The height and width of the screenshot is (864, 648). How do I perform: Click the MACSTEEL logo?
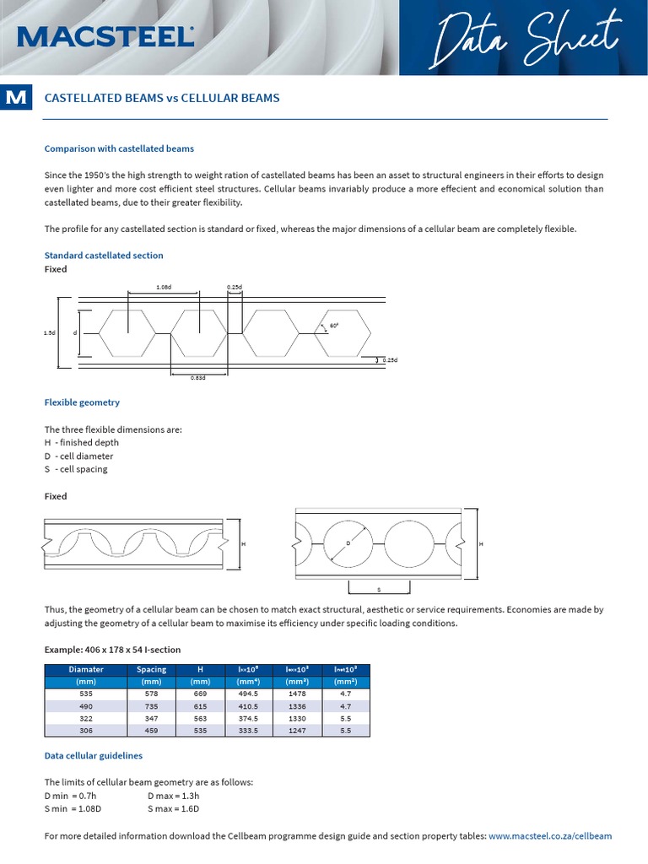105,36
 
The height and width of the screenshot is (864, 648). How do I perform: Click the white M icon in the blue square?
15,98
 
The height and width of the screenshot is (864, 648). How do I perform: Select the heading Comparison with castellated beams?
119,148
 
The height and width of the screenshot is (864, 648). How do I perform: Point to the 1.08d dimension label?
164,287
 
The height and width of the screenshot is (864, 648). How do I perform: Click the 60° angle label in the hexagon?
334,325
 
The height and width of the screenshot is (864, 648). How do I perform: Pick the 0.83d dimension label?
198,378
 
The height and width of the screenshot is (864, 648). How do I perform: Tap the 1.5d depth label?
49,333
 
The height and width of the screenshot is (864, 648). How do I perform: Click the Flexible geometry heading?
82,402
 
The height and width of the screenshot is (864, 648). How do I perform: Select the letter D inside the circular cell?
348,543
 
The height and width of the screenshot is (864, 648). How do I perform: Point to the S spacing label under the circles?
379,589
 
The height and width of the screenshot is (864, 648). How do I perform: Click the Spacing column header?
152,669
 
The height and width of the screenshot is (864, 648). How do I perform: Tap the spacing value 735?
152,705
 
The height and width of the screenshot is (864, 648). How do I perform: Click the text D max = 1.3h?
173,796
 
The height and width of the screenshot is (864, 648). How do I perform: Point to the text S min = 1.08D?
73,808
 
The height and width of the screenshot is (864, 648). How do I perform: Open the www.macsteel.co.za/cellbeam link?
550,836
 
